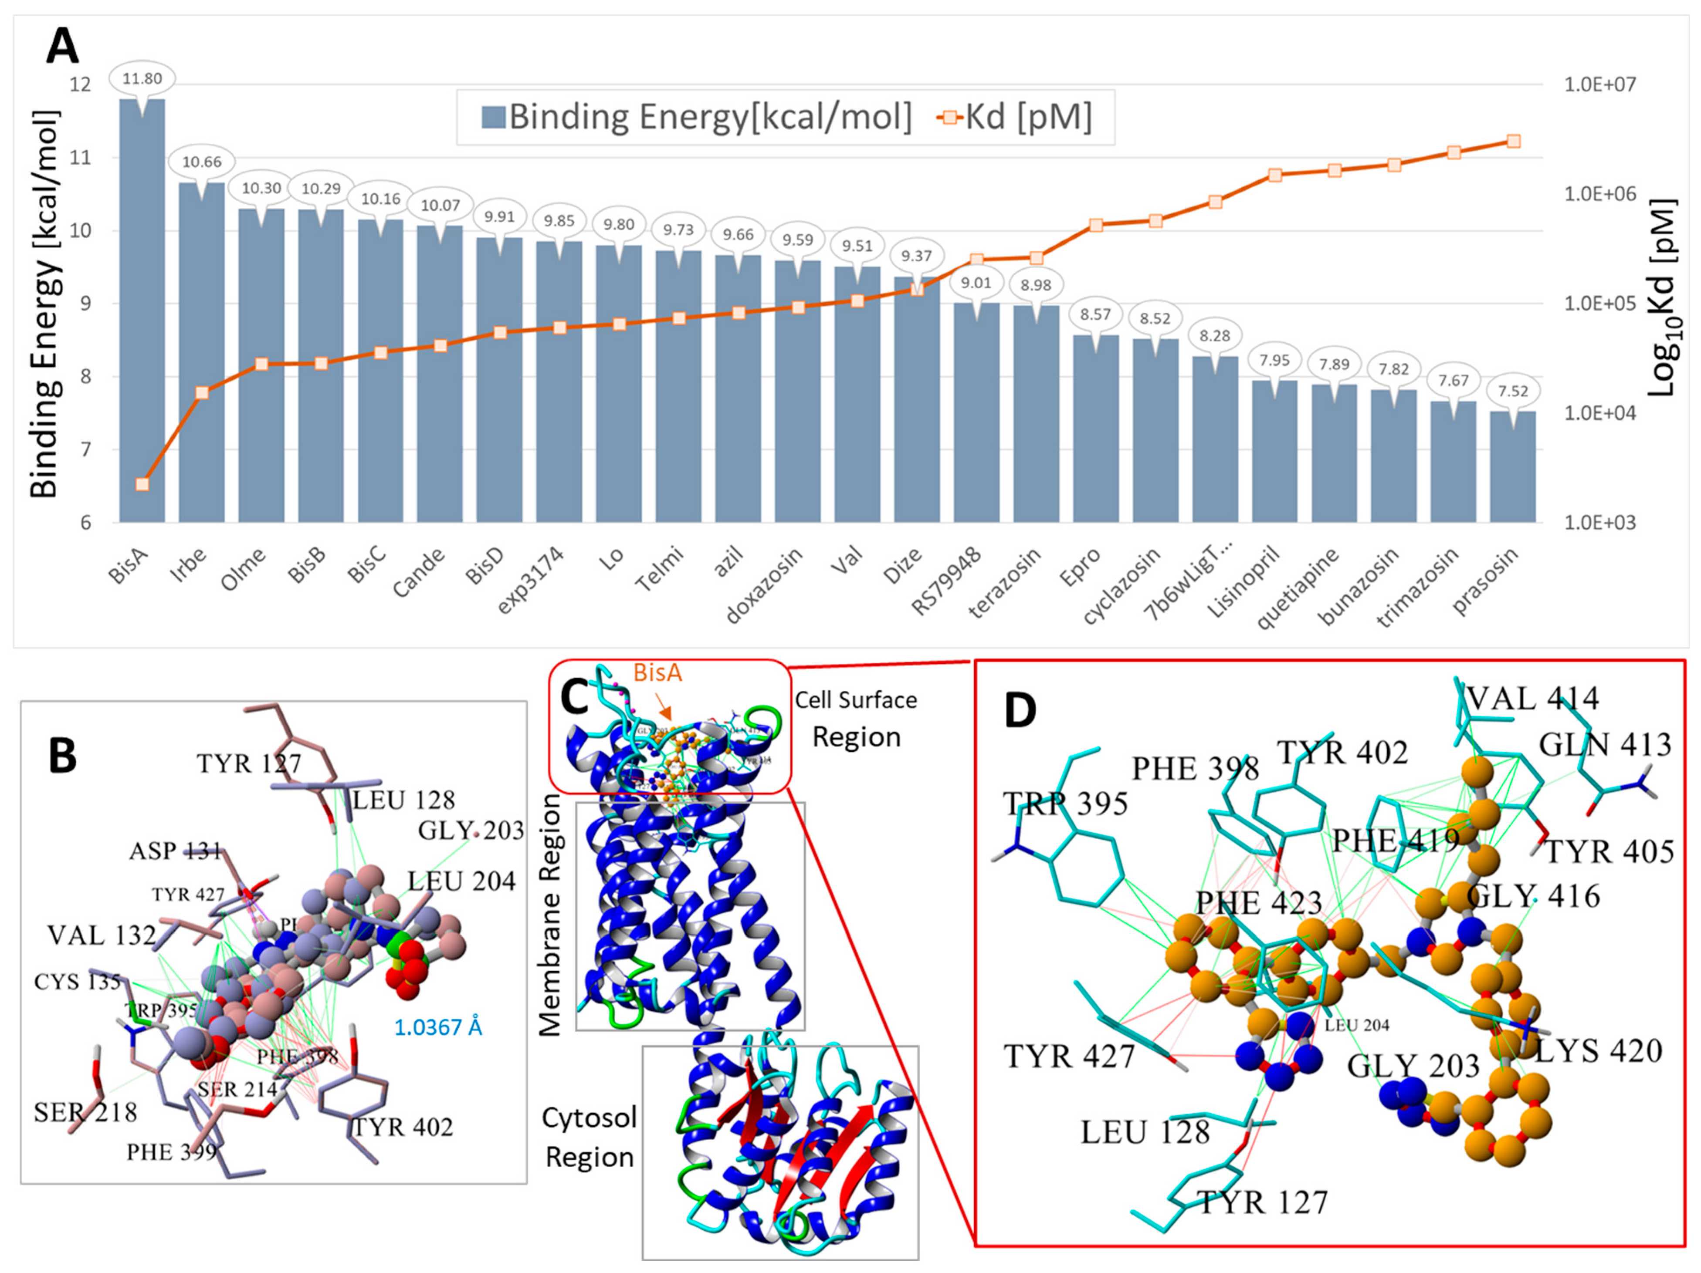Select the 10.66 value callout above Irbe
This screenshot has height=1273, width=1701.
[x=201, y=162]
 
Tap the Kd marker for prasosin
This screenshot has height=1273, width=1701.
[x=1513, y=142]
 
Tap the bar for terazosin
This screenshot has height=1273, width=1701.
[x=1035, y=415]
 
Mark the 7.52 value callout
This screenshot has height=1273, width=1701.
[x=1513, y=391]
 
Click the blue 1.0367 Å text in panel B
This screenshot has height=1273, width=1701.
[x=437, y=1027]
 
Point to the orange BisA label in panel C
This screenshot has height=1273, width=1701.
[x=657, y=672]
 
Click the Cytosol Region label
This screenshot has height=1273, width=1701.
[x=589, y=1137]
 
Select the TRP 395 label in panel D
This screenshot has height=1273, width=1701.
[x=1065, y=804]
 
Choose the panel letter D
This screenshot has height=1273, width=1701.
[x=1020, y=711]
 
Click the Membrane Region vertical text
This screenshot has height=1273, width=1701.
[x=551, y=915]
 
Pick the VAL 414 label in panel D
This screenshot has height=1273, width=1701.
[x=1532, y=698]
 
